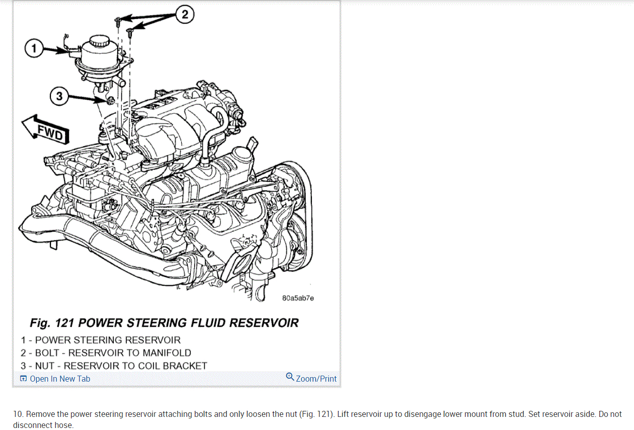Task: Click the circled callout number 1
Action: (x=34, y=49)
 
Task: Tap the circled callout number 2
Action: (x=185, y=15)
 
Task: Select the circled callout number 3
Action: (x=59, y=96)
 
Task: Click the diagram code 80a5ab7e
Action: (x=298, y=298)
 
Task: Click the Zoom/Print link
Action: (x=316, y=379)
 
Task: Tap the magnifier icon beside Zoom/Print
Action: (x=290, y=377)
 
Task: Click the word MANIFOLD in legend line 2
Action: (x=167, y=353)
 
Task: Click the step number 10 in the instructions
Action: (x=18, y=414)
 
